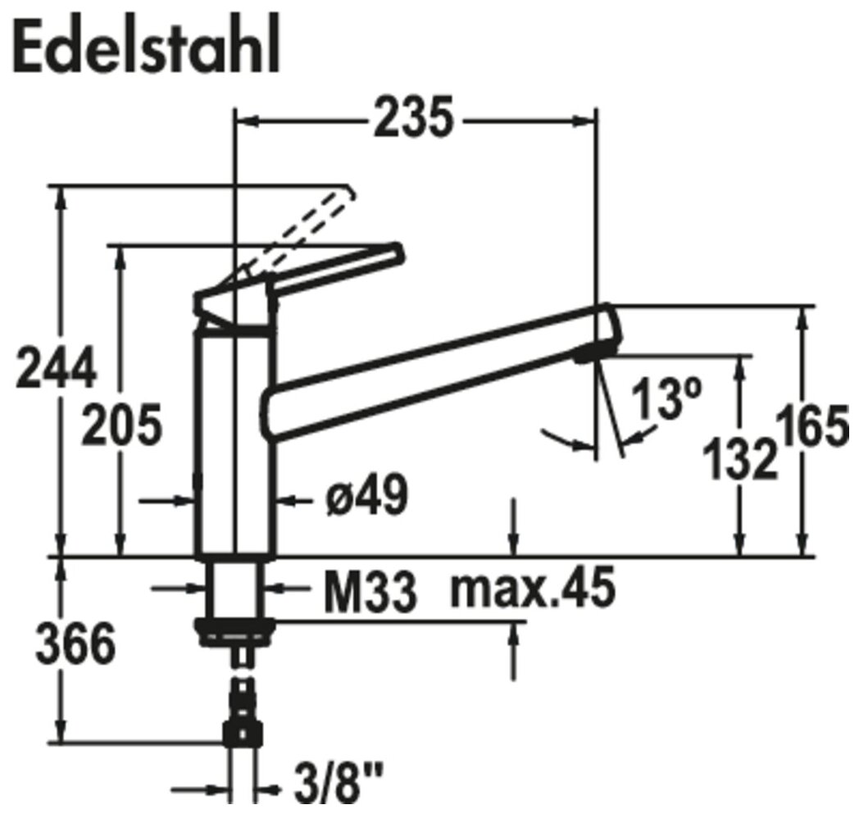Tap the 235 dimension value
pyautogui.click(x=414, y=116)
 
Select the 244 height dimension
pyautogui.click(x=57, y=367)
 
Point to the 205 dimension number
pyautogui.click(x=121, y=425)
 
